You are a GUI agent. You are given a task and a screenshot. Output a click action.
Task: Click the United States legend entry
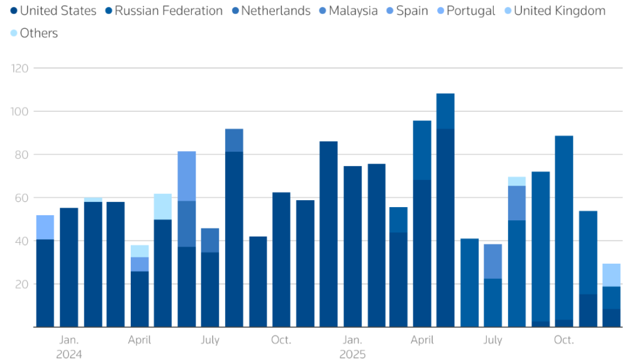[53, 11]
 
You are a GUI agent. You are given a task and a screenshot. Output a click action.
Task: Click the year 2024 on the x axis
[69, 354]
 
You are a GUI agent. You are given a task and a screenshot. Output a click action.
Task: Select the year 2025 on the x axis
[352, 354]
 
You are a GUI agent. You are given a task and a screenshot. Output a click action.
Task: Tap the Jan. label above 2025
[352, 340]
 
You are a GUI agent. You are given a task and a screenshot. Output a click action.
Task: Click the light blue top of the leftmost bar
[45, 227]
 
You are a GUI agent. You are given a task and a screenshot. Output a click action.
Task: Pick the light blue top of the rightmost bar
[611, 275]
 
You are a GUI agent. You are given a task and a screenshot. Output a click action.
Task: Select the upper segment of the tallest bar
[445, 111]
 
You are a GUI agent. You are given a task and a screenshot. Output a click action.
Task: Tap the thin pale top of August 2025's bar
[517, 181]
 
